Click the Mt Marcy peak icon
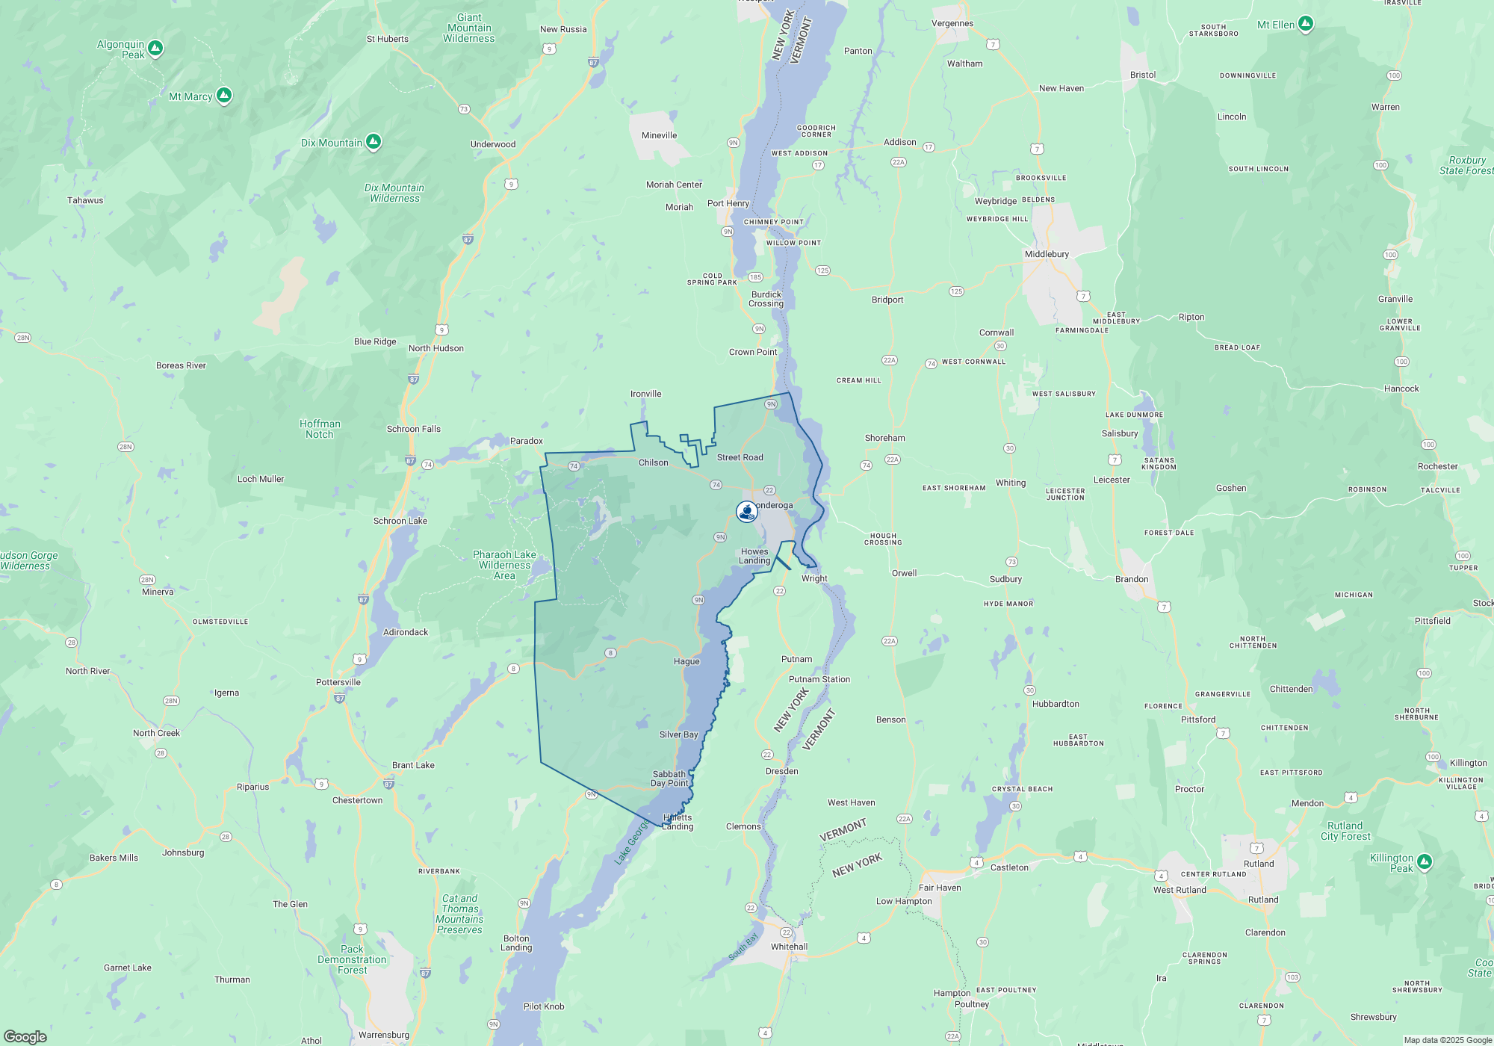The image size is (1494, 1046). pos(224,95)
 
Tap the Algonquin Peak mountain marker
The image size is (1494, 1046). pos(155,49)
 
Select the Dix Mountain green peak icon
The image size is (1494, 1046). pos(373,141)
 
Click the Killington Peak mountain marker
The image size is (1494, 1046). pos(1425,861)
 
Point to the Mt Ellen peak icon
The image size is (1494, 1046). pos(1306,24)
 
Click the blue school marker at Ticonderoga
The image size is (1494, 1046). pos(746,511)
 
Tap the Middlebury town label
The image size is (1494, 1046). pos(1047,254)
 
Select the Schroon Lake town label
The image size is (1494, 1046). pos(400,521)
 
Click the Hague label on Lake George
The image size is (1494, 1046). pos(686,661)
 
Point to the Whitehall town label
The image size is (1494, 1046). pos(789,947)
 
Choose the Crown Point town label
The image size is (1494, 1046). pos(753,352)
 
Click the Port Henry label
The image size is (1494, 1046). pos(728,203)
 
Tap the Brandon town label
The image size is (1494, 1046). pos(1132,579)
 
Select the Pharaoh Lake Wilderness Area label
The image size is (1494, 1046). pos(504,565)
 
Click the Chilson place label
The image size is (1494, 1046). pos(654,462)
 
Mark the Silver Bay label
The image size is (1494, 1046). pos(678,734)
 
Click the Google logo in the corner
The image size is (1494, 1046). pos(25,1036)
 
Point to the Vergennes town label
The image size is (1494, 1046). pos(952,23)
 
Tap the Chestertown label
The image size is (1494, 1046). pos(357,800)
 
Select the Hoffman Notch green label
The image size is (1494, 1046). pos(320,429)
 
